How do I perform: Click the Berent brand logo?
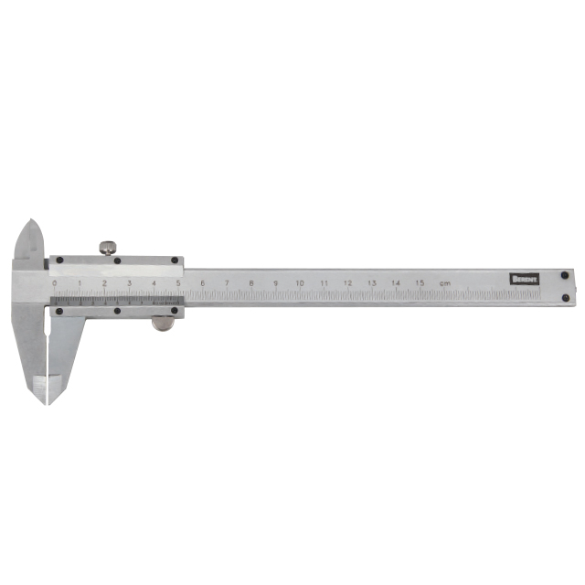click(526, 279)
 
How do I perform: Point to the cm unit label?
click(444, 284)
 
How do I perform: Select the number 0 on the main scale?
click(55, 283)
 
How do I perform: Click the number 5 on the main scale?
click(178, 283)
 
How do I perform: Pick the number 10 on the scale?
click(300, 284)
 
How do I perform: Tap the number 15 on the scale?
click(420, 284)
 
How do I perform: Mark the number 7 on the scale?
click(227, 284)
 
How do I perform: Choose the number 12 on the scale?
click(347, 284)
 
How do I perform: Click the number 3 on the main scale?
click(129, 283)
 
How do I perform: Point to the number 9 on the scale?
click(275, 284)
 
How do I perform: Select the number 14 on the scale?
click(396, 284)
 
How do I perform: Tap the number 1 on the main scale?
click(80, 283)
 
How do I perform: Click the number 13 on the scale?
click(372, 284)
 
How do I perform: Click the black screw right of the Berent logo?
click(566, 273)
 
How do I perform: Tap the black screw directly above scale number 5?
click(179, 261)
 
